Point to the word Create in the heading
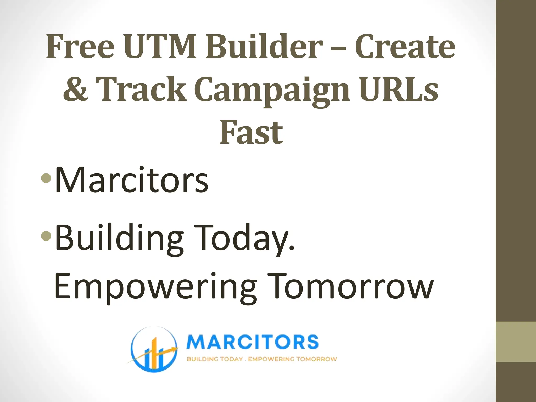[405, 47]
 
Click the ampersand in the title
[75, 89]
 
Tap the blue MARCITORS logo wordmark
[253, 342]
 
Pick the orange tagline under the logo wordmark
[262, 359]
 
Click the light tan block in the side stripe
[516, 342]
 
